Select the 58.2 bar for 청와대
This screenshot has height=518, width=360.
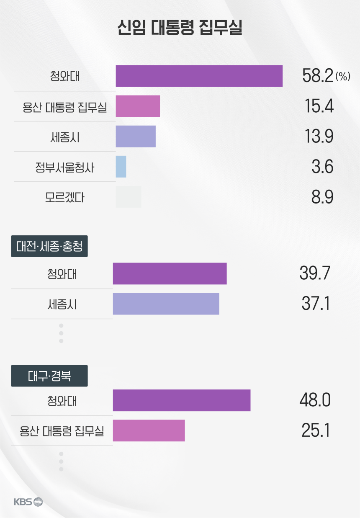click(x=199, y=76)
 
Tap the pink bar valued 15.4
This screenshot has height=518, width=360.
click(x=138, y=106)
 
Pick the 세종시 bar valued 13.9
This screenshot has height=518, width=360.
click(x=136, y=137)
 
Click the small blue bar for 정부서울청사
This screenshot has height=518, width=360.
click(x=121, y=167)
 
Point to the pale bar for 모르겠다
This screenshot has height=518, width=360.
click(x=129, y=197)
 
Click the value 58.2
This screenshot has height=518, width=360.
click(x=317, y=76)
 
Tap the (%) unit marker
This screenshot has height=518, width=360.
click(x=342, y=77)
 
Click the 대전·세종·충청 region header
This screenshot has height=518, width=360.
click(x=49, y=247)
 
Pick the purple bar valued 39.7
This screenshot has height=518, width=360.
click(x=170, y=273)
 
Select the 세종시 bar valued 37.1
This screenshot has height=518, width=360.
click(x=166, y=304)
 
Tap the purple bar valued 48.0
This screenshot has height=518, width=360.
click(x=182, y=400)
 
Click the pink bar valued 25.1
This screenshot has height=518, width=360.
click(x=149, y=430)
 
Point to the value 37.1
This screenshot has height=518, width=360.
click(x=316, y=304)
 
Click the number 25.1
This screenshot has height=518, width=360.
click(x=316, y=430)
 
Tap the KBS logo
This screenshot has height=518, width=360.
click(x=28, y=502)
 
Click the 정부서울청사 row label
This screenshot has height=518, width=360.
click(x=64, y=167)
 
